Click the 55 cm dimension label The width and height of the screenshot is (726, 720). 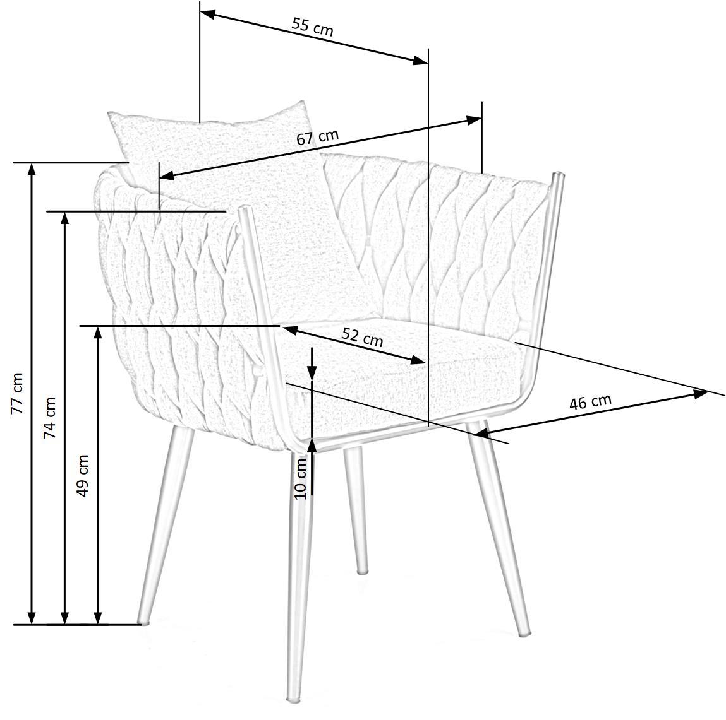tap(312, 26)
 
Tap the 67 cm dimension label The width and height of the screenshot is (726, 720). tap(317, 137)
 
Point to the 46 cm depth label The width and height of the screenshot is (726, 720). tap(590, 402)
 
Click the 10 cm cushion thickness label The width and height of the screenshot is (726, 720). tap(301, 477)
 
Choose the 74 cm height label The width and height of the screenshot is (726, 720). tap(49, 418)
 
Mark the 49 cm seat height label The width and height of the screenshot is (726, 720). tap(82, 475)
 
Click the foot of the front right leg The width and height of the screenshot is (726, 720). tap(524, 633)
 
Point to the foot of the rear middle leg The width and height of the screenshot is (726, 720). tap(362, 571)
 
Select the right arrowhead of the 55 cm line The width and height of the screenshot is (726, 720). tap(421, 61)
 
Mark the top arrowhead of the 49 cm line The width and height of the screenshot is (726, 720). tap(97, 333)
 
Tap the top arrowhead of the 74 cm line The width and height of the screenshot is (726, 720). tap(64, 218)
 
